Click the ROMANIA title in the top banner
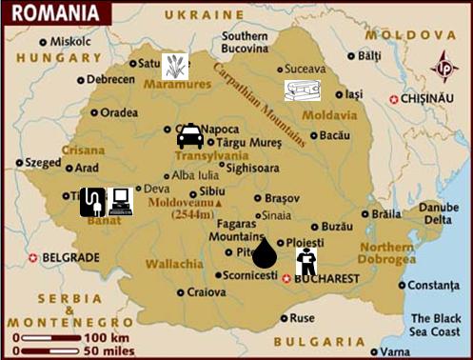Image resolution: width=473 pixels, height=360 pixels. coord(55,14)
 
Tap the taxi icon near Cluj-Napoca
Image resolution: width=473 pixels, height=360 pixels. coord(190,136)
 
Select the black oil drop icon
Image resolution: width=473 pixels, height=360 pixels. coord(264,253)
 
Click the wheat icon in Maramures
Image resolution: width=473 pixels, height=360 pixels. coord(174,66)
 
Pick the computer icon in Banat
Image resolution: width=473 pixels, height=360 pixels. coord(120,201)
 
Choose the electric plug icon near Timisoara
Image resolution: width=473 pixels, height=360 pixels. coord(92,202)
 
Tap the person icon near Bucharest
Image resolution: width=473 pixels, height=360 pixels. coord(306,261)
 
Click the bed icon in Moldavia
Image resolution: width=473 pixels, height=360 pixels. coord(303,90)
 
